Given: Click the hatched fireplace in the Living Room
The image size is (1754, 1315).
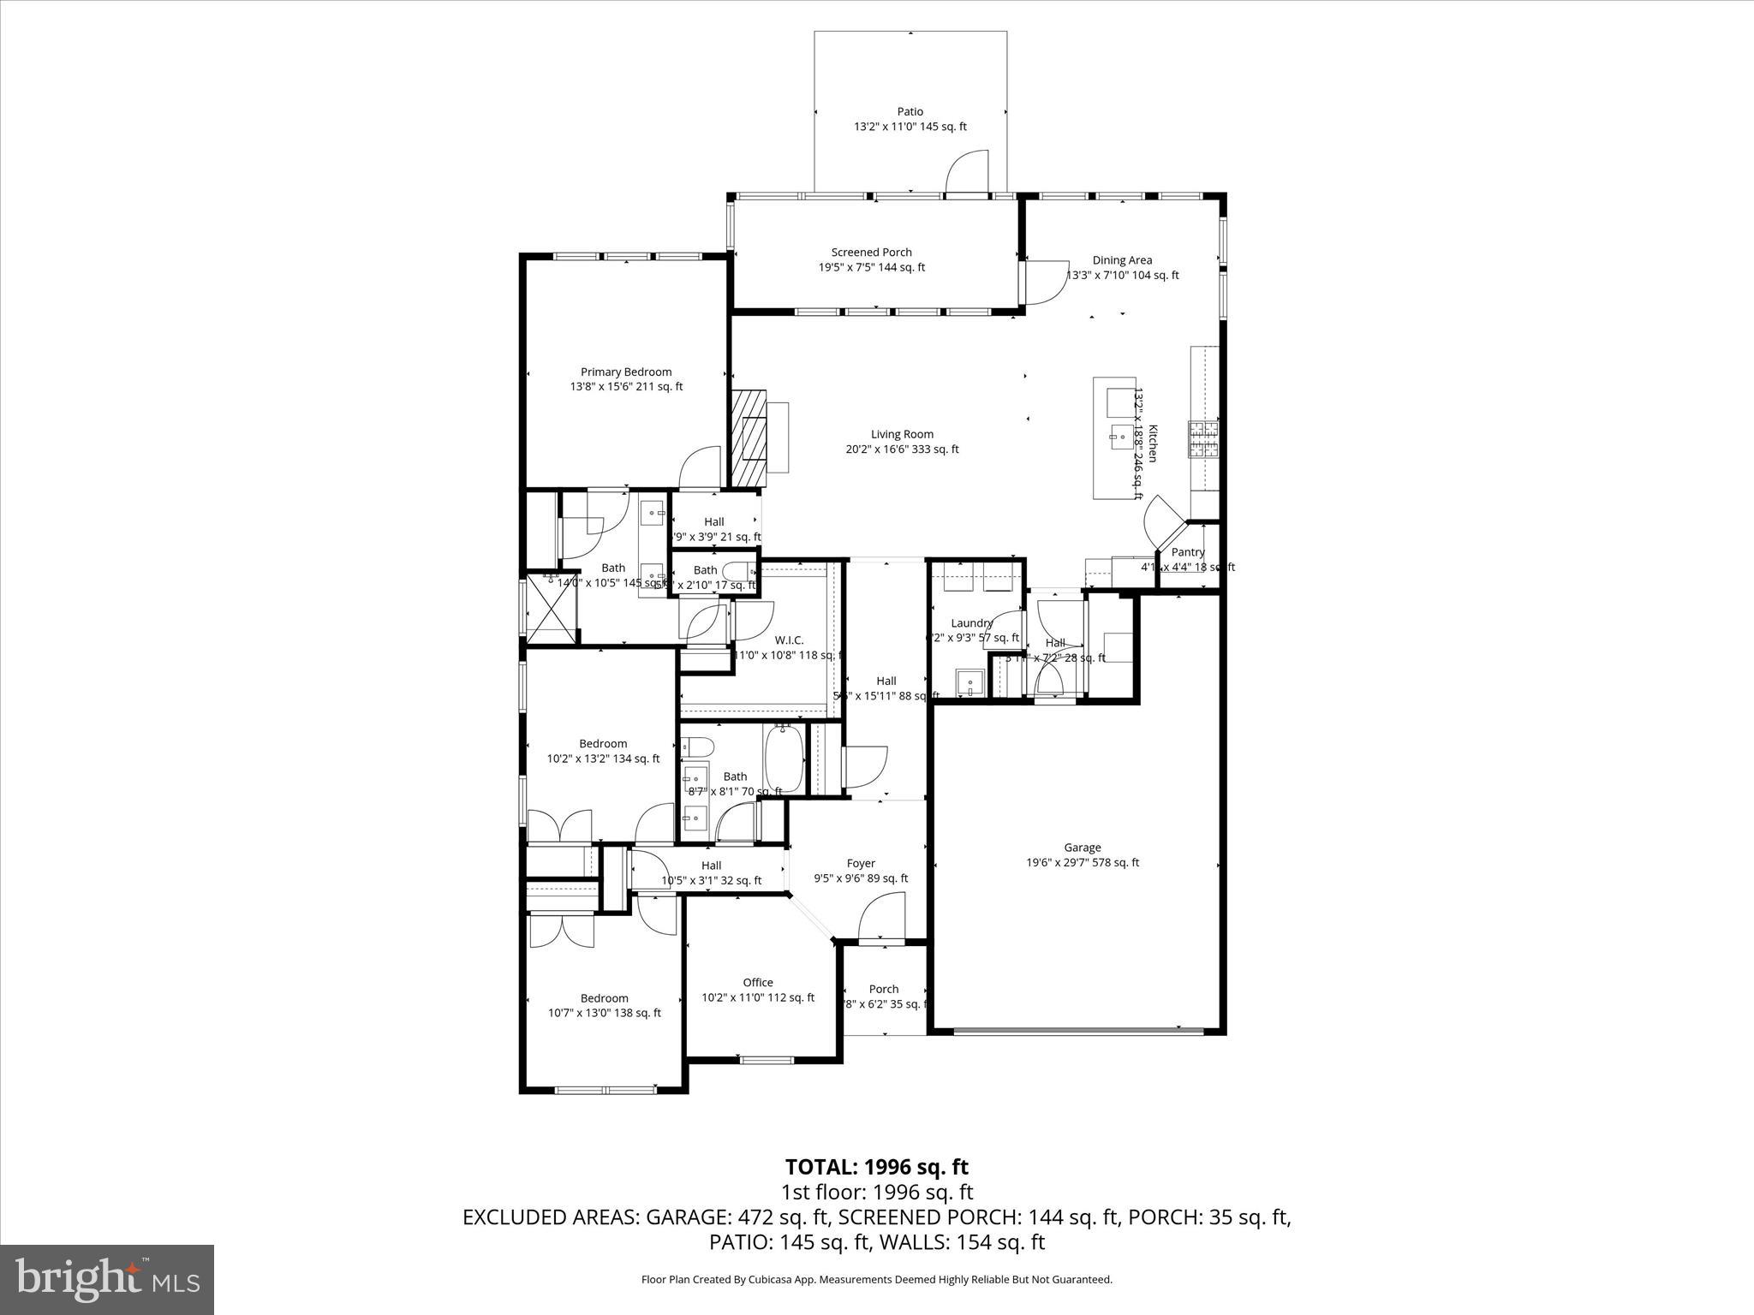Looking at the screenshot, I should click(747, 439).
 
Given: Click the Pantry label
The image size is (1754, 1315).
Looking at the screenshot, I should click(1188, 552).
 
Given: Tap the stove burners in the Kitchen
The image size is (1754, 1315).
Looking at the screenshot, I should click(1203, 438).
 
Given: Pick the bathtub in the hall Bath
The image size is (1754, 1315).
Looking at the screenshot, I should click(784, 759).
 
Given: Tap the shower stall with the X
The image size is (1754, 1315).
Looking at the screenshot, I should click(552, 608).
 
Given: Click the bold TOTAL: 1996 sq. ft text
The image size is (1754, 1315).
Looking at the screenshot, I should click(876, 1167).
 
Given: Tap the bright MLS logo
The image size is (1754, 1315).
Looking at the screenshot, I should click(107, 1279).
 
